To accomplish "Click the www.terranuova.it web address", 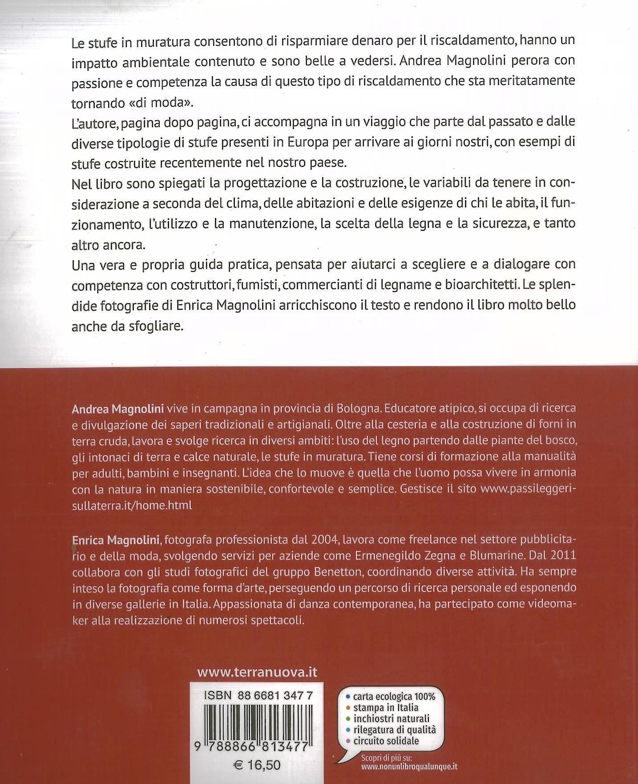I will (257, 672).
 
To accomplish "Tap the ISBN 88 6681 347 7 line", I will (258, 696).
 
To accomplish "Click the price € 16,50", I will (257, 765).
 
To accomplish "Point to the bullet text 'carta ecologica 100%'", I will (394, 697).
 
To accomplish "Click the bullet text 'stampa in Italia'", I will (386, 707).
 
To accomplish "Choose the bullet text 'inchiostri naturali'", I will (392, 719).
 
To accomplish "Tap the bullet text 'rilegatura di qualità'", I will (395, 730).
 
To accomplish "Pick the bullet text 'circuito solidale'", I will (386, 741).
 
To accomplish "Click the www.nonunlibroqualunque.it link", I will (409, 766).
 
